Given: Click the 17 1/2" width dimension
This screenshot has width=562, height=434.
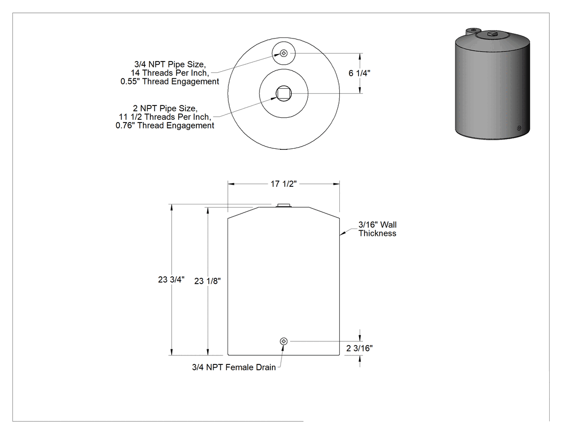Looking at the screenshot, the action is click(x=284, y=184).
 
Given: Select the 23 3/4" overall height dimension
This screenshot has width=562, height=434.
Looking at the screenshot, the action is click(x=171, y=279).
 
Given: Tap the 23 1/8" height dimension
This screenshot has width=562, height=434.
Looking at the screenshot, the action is click(x=208, y=281).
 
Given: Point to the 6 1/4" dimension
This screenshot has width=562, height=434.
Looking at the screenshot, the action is click(x=359, y=73).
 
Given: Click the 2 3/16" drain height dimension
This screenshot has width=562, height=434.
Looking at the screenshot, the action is click(x=359, y=348).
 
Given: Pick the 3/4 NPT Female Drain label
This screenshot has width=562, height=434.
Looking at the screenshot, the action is click(x=234, y=367).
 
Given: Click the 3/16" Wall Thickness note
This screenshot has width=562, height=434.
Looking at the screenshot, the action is click(x=377, y=229).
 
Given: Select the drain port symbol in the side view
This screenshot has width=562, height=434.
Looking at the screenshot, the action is click(x=284, y=341).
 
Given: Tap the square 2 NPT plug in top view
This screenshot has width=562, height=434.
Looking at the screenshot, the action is click(x=284, y=94).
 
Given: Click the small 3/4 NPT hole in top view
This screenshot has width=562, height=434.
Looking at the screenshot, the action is click(x=284, y=54).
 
